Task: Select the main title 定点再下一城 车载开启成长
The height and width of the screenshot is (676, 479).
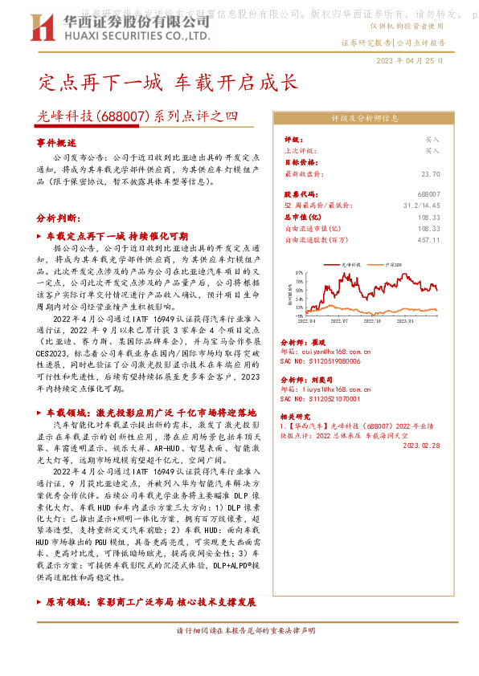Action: [x=168, y=83]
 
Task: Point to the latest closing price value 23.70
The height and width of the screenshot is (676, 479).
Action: [x=430, y=173]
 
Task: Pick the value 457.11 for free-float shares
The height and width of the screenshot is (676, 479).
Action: [x=429, y=239]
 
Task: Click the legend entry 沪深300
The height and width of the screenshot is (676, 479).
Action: [x=393, y=263]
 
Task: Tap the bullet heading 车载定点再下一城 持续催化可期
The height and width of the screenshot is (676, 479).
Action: [x=117, y=237]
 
